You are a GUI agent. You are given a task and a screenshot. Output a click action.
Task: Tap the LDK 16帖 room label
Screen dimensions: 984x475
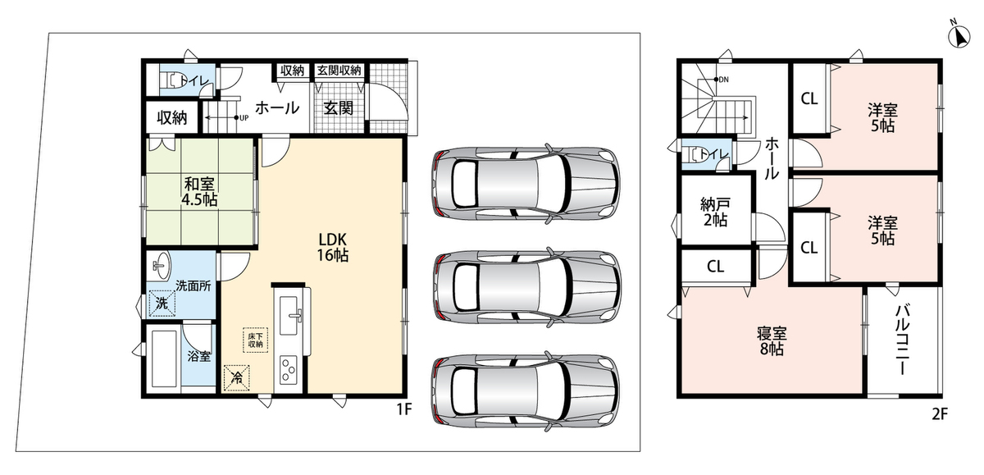tap(333, 248)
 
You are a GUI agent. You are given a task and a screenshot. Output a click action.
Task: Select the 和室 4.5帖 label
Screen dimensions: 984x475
tap(199, 192)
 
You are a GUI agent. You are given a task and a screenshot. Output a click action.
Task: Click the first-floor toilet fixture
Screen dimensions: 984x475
tap(171, 81)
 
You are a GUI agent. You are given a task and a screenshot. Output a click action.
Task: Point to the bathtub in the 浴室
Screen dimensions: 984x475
tap(164, 358)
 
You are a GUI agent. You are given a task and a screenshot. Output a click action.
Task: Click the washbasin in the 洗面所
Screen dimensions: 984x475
tap(161, 266)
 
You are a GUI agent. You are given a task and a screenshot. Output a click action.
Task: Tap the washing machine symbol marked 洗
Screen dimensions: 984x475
tap(162, 304)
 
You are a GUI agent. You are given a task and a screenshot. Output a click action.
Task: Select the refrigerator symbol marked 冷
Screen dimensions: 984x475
tap(237, 377)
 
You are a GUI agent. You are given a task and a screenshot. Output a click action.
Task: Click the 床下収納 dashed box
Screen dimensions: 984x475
tap(256, 340)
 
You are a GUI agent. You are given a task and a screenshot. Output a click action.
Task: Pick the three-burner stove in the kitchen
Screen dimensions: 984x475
tap(289, 371)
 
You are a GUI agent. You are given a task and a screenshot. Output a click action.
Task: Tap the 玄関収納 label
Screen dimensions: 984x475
tap(339, 71)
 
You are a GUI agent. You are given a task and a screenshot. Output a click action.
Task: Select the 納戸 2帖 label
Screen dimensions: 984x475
tap(715, 212)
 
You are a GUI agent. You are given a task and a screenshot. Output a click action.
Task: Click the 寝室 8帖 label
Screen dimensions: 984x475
tap(772, 341)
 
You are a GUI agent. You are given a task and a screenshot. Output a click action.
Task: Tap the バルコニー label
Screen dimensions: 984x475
tap(902, 340)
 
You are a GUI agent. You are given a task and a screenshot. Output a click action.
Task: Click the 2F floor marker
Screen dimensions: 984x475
tap(940, 414)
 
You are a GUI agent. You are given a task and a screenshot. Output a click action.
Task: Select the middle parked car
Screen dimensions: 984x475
tap(526, 287)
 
